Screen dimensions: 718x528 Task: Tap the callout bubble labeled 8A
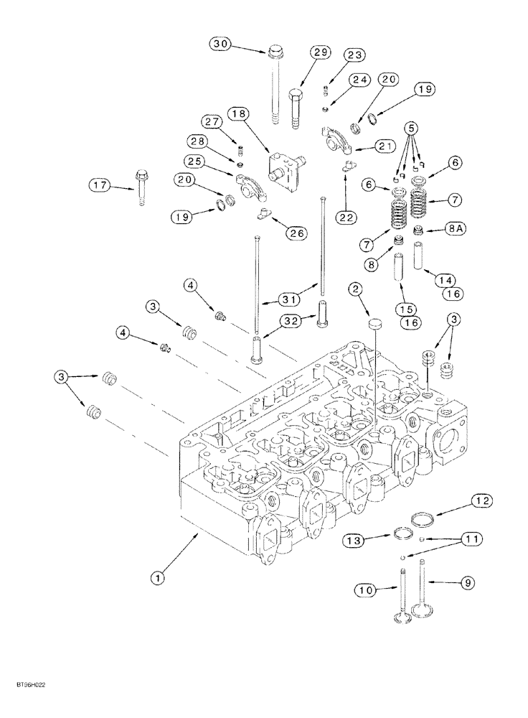pyautogui.click(x=456, y=229)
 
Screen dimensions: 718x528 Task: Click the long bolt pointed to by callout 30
pyautogui.click(x=275, y=86)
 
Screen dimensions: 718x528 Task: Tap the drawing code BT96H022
pyautogui.click(x=28, y=687)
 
